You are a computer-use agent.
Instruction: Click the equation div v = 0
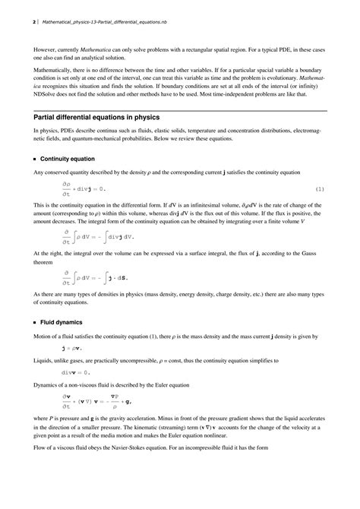[x=76, y=373]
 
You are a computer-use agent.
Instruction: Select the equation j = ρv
[x=74, y=348]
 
